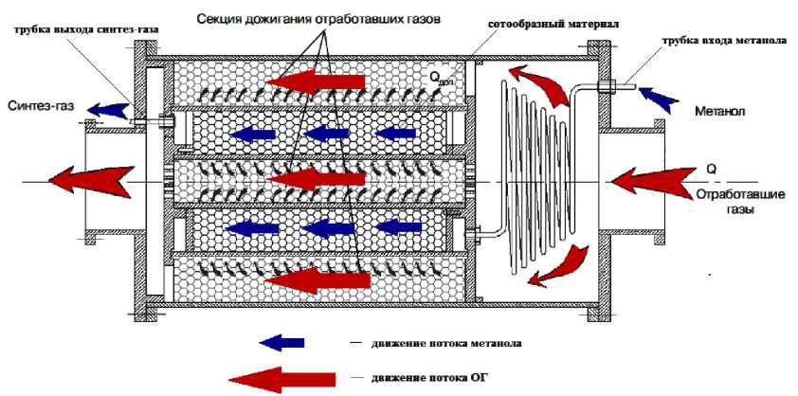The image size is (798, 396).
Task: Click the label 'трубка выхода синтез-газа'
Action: tap(82, 28)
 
